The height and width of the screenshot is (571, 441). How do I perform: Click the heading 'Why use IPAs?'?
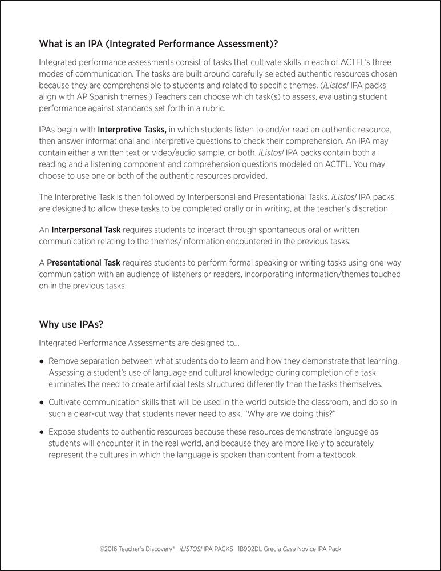[x=71, y=325]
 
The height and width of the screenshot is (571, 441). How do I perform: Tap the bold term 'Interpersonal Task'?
[x=86, y=230]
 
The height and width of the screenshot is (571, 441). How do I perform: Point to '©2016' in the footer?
[x=109, y=549]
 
